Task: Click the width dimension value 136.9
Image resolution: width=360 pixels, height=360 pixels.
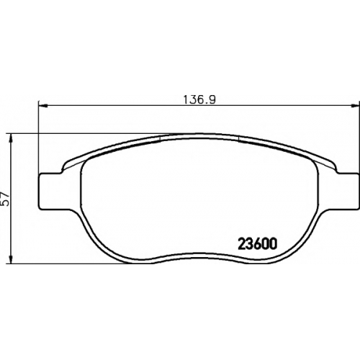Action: (x=199, y=99)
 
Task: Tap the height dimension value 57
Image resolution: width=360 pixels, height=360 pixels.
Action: (x=6, y=199)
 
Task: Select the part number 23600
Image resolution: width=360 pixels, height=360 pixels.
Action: (x=258, y=243)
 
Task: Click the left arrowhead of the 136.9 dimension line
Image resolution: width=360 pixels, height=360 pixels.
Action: (x=42, y=105)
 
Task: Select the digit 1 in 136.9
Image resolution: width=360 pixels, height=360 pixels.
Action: (x=186, y=99)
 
